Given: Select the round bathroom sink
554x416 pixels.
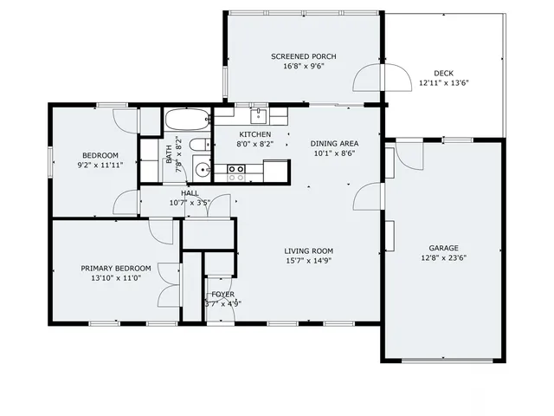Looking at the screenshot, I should (202, 170).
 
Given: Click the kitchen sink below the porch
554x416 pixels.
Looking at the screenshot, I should (258, 114).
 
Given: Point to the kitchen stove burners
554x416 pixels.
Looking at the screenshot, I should (236, 174).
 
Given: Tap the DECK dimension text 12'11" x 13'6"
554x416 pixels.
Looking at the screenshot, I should (444, 84).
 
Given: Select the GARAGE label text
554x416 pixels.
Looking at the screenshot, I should (443, 248).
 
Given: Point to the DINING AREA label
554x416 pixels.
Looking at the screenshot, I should (335, 144).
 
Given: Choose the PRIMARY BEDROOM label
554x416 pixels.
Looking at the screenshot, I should (116, 268).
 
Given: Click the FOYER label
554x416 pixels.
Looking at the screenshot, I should (222, 295).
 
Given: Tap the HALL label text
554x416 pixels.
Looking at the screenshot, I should (190, 193).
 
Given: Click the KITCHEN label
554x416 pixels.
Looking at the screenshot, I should (254, 135).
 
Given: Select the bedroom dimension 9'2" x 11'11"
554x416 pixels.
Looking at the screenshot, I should (100, 165).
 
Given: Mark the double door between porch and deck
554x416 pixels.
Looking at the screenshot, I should (383, 78).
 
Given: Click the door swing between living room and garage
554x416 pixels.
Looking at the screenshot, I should (367, 196).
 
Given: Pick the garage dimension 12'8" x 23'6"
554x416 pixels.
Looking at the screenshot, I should (443, 258).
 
